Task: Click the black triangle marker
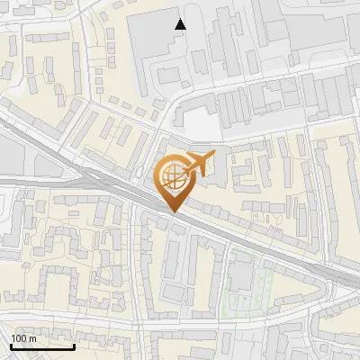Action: (180, 24)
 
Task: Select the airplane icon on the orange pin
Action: (198, 165)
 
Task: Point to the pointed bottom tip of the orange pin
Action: (173, 211)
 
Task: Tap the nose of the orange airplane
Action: (214, 157)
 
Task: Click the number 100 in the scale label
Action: (18, 338)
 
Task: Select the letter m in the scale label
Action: (32, 338)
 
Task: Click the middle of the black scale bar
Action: (42, 346)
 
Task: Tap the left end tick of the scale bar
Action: (11, 345)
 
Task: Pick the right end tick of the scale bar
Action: (74, 345)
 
